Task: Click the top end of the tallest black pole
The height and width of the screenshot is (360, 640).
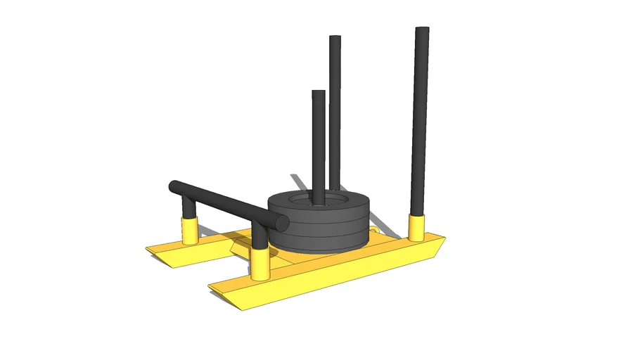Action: tap(422, 30)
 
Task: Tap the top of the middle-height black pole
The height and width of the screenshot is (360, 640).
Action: tap(335, 39)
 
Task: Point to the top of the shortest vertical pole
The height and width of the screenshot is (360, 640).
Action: tap(319, 94)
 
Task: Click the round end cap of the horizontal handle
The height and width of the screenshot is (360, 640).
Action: tap(282, 222)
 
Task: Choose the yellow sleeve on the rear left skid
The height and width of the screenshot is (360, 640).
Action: tap(190, 230)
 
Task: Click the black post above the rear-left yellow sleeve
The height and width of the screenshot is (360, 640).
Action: tap(189, 207)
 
